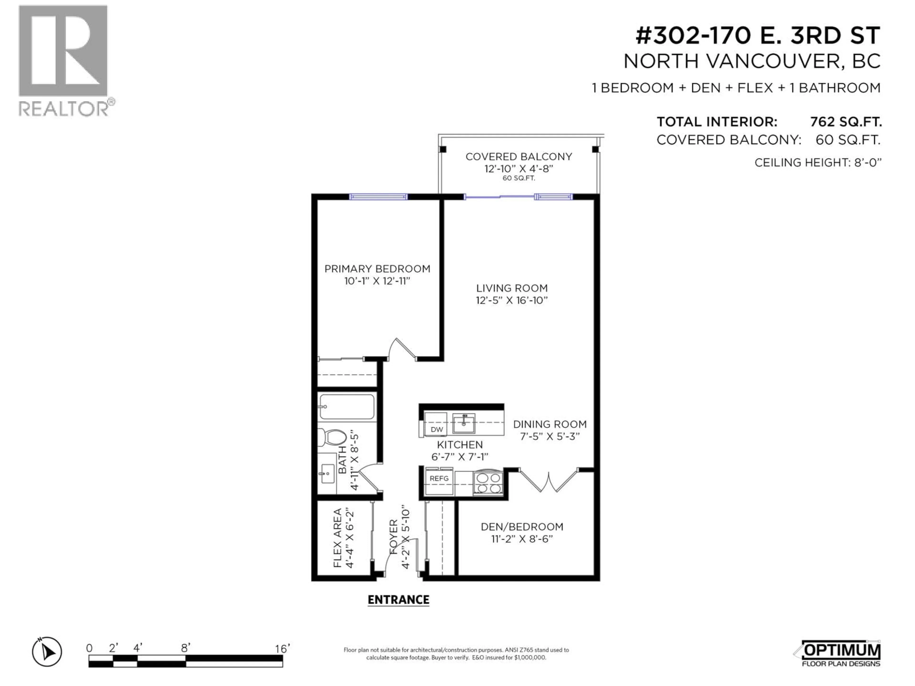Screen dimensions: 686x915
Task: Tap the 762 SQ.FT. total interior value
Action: click(845, 122)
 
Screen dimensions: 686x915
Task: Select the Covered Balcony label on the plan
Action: click(519, 157)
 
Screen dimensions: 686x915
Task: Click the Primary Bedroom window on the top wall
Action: click(378, 197)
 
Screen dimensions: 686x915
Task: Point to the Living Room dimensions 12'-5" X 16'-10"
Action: click(512, 300)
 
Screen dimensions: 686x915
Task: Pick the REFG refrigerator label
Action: click(439, 479)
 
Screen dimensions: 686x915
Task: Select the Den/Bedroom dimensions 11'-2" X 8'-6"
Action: click(522, 539)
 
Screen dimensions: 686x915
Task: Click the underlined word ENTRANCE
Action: click(398, 600)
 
